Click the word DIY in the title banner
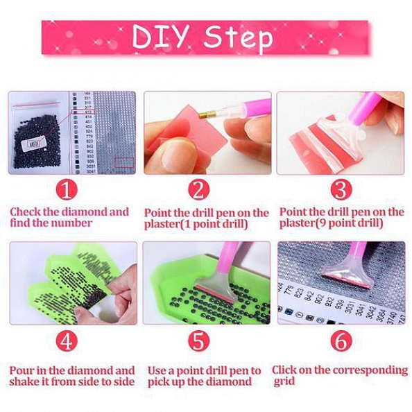point(162,37)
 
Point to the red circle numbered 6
point(341,341)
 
